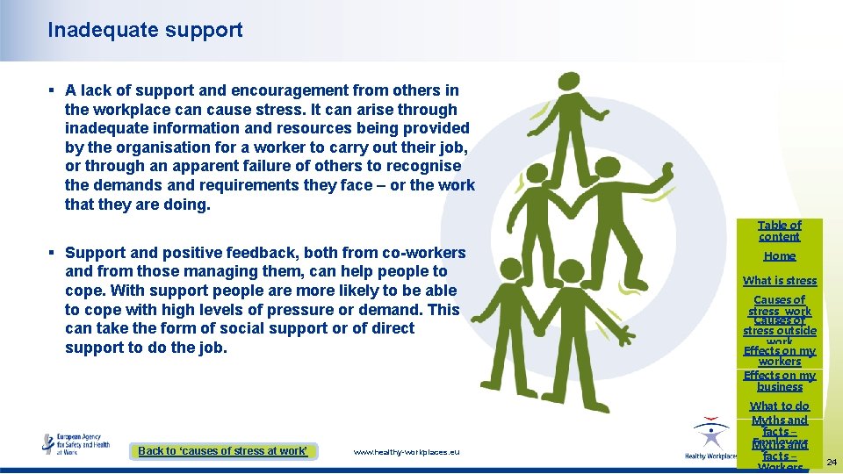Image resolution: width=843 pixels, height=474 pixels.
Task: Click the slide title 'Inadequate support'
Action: pyautogui.click(x=145, y=30)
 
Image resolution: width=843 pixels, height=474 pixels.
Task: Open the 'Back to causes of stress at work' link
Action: pyautogui.click(x=223, y=450)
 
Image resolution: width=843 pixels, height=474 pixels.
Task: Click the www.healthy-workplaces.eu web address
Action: pyautogui.click(x=406, y=451)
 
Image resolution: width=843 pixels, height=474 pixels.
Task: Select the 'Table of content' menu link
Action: pyautogui.click(x=779, y=231)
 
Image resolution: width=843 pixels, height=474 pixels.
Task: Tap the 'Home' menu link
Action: pyautogui.click(x=779, y=255)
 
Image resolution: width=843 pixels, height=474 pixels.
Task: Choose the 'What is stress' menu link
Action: pyautogui.click(x=779, y=281)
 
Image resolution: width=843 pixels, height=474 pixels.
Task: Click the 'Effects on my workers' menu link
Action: pyautogui.click(x=779, y=355)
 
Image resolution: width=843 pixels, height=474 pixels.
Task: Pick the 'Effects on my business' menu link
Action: pyautogui.click(x=779, y=381)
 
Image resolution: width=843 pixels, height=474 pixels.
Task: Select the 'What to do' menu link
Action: pyautogui.click(x=779, y=406)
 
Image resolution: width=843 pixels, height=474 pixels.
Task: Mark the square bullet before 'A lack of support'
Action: pyautogui.click(x=52, y=90)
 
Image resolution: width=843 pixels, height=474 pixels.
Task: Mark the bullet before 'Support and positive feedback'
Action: pyautogui.click(x=52, y=253)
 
